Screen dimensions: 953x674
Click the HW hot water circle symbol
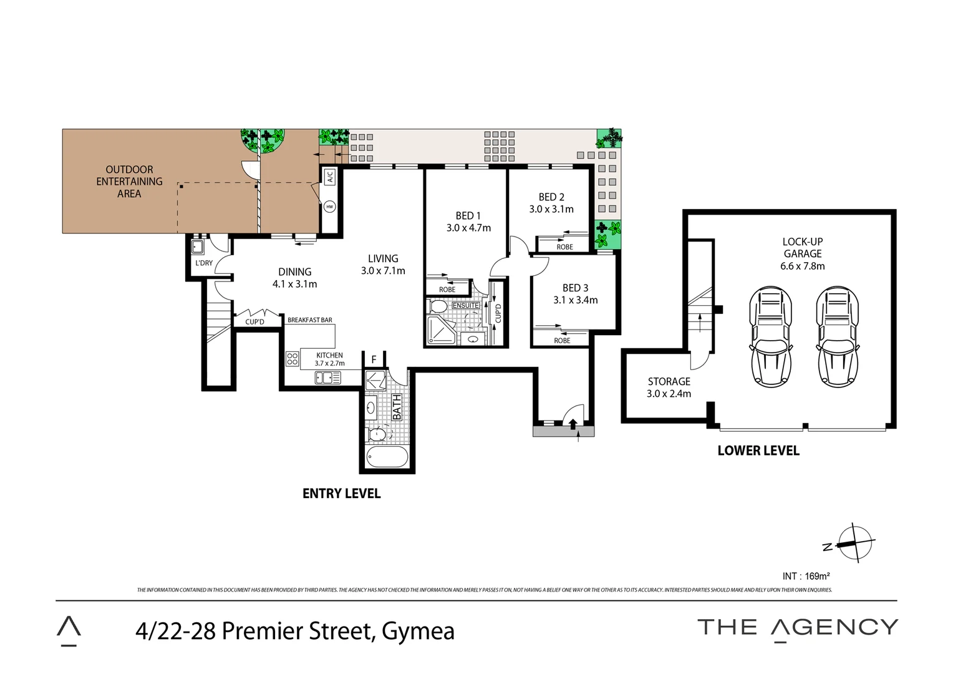point(329,207)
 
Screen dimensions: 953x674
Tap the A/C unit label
point(330,177)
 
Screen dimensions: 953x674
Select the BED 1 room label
point(468,216)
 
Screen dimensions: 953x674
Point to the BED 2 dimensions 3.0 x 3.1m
point(551,209)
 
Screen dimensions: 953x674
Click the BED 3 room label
point(575,288)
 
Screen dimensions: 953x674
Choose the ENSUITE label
point(466,305)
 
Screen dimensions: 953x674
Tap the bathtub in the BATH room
point(387,457)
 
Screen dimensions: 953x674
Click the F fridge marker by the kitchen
point(374,360)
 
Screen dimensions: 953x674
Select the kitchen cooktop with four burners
point(293,358)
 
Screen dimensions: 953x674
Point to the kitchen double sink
point(327,378)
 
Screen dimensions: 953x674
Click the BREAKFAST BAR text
point(310,320)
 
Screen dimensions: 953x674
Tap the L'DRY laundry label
point(204,263)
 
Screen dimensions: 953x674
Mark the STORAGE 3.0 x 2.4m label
point(669,388)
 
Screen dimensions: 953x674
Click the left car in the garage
point(770,337)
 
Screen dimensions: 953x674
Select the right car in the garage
point(837,337)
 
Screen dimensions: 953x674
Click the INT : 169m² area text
point(806,576)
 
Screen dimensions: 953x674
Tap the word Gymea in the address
point(418,632)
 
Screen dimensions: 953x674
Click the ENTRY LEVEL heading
point(342,494)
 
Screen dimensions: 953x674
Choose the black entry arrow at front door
point(573,423)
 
